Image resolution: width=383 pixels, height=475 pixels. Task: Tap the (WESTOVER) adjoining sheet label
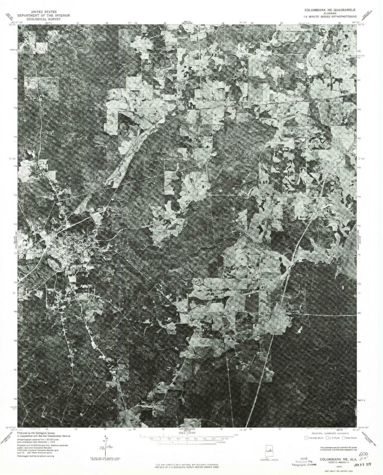[x=188, y=23]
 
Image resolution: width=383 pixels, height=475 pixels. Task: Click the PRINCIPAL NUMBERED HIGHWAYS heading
[x=328, y=433]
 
